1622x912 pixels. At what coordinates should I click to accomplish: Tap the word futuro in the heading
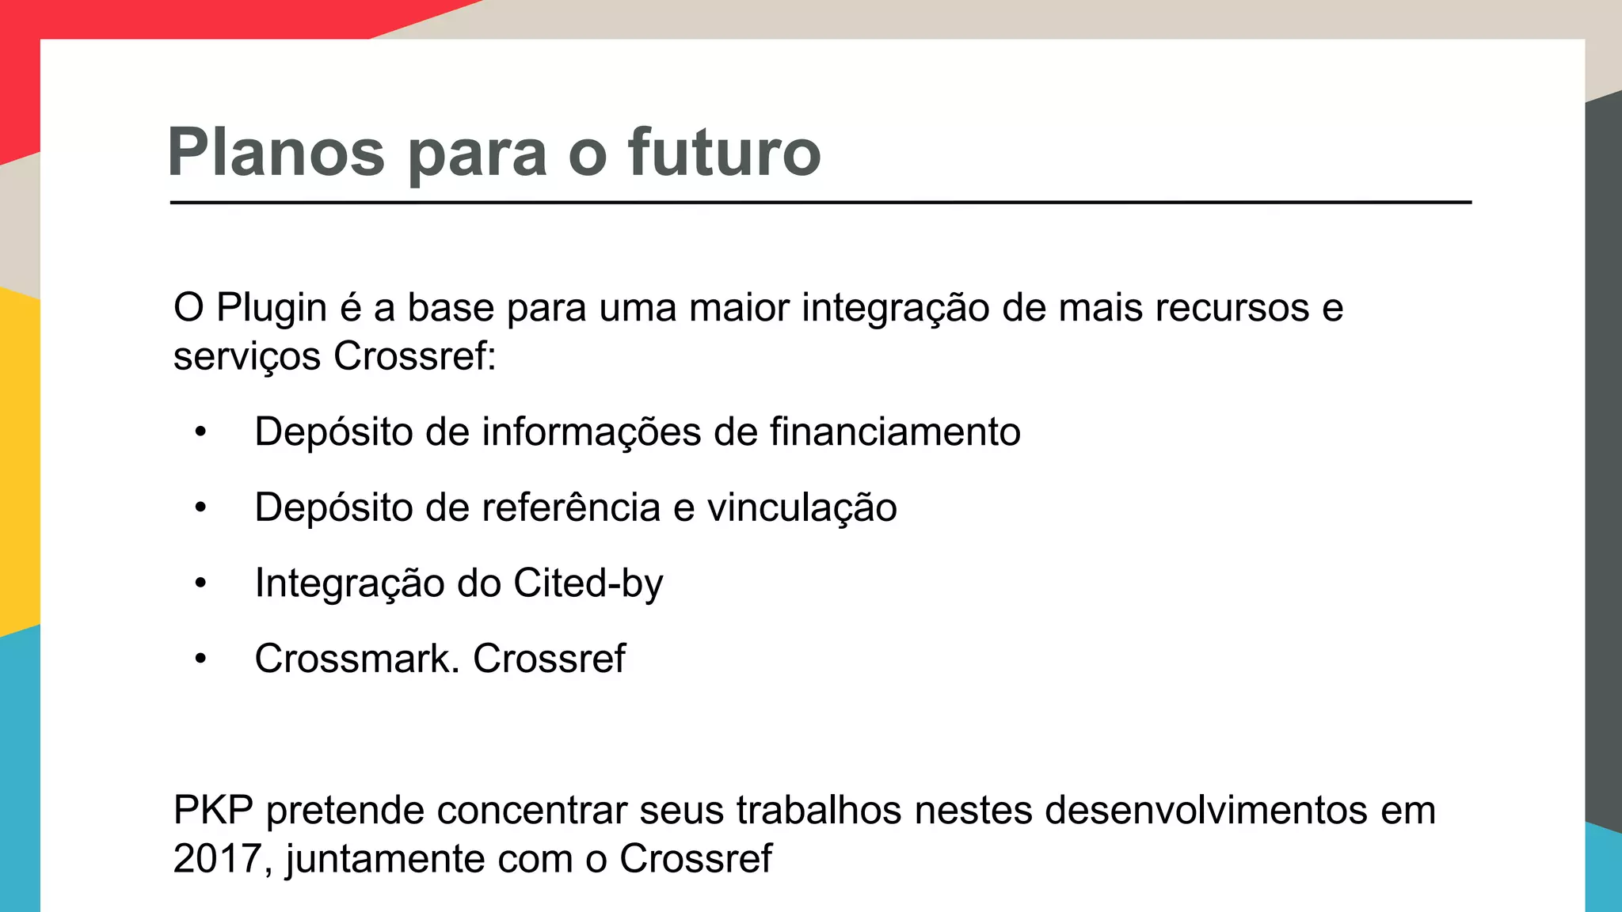(x=724, y=152)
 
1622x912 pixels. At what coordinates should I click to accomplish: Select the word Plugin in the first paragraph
(x=272, y=308)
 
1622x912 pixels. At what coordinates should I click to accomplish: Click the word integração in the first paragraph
(x=895, y=308)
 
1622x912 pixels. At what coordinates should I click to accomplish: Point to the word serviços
(x=246, y=356)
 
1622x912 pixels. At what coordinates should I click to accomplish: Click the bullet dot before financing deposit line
(x=201, y=432)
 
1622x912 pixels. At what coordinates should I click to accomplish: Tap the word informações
(x=592, y=432)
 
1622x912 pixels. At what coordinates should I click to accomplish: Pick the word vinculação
(x=801, y=507)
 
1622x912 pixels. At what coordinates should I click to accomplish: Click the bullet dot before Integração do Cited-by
(x=201, y=583)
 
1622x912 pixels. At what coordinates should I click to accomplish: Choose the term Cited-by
(x=588, y=583)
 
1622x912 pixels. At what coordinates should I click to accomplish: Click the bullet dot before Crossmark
(x=201, y=659)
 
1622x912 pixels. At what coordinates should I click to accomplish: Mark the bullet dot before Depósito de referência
(x=201, y=507)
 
